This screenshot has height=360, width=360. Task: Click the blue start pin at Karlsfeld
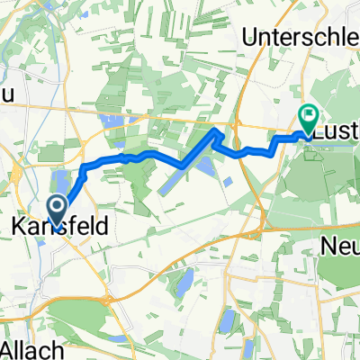tap(56, 211)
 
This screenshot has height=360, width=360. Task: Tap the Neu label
tap(340, 243)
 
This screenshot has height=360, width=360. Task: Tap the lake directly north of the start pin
tap(63, 180)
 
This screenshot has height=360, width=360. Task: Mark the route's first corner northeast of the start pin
tap(83, 166)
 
